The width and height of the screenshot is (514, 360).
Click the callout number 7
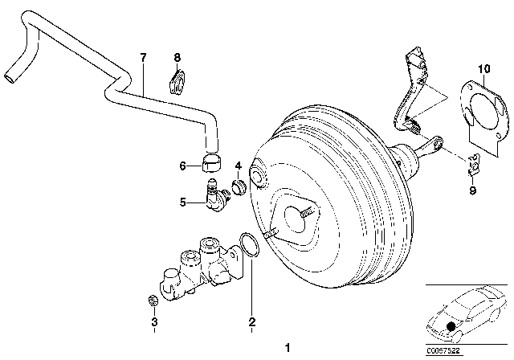click(x=143, y=58)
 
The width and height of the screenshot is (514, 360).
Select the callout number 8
click(x=177, y=58)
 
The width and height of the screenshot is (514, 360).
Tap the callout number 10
click(x=483, y=69)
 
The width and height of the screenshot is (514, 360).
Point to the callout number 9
click(x=473, y=190)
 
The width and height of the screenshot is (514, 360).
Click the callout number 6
click(x=183, y=166)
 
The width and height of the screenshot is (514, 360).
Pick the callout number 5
click(x=183, y=202)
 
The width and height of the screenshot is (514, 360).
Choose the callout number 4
click(x=239, y=166)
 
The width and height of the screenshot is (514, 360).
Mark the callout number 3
click(x=154, y=321)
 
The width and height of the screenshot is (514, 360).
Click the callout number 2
click(x=251, y=321)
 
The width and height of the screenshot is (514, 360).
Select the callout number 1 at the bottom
click(x=288, y=347)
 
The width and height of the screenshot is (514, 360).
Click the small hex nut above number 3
click(x=153, y=300)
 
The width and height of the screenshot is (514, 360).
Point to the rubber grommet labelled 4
click(x=239, y=187)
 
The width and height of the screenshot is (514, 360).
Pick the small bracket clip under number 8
click(x=177, y=83)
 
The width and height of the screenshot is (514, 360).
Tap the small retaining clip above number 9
click(x=473, y=164)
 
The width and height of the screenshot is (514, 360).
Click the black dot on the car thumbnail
click(x=451, y=326)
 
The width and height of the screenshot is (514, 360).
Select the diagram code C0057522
click(x=443, y=351)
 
